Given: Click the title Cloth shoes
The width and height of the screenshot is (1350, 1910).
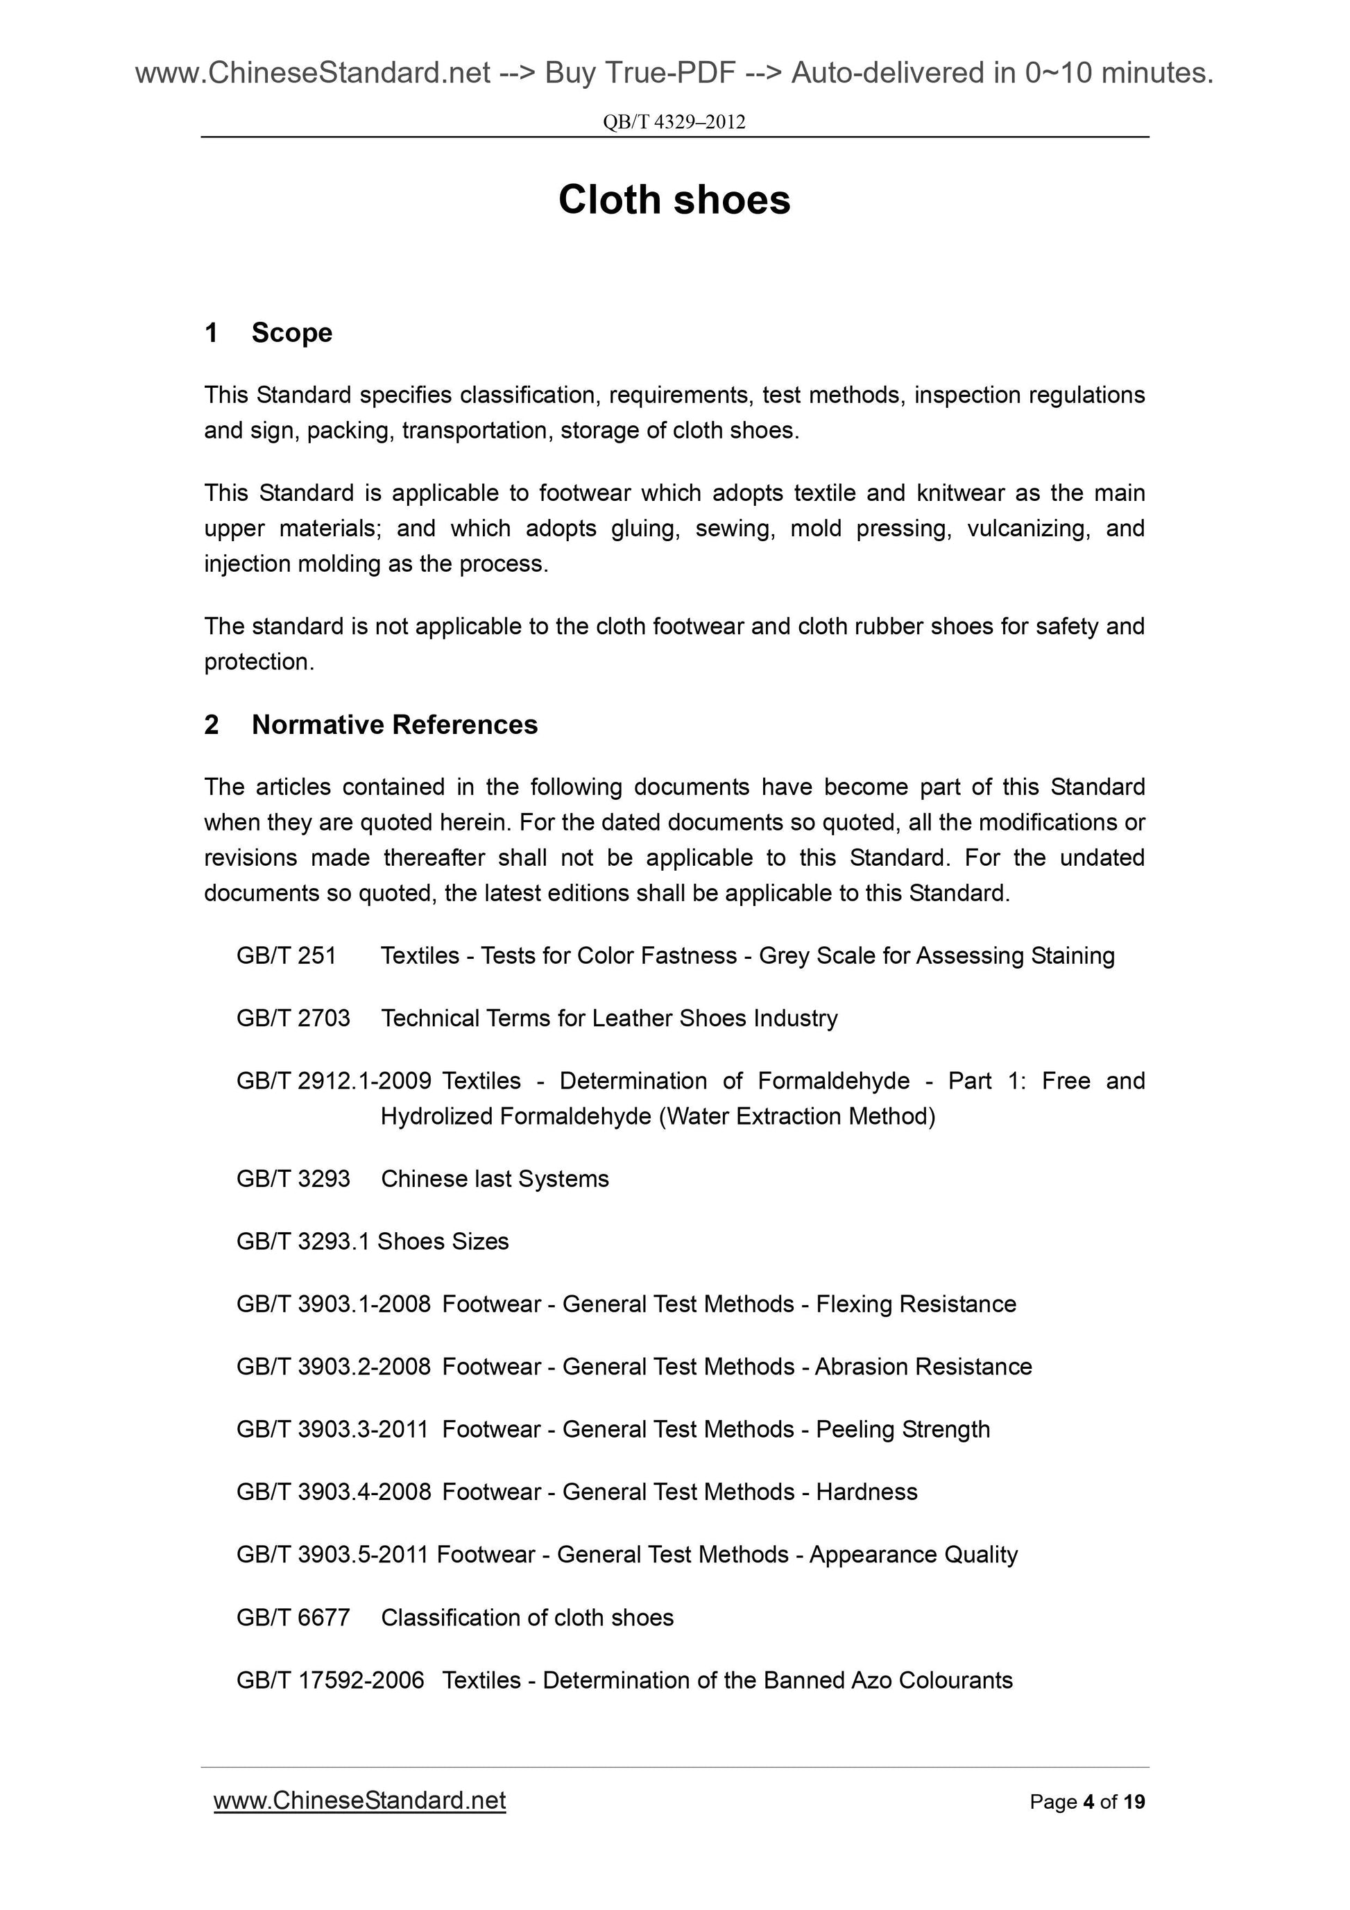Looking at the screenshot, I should (x=674, y=200).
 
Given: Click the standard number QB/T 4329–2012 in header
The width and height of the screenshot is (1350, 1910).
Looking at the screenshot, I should (x=674, y=122).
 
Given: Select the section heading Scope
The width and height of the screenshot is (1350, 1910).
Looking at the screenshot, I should (x=291, y=333).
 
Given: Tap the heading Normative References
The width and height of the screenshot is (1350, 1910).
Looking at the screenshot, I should (x=394, y=724).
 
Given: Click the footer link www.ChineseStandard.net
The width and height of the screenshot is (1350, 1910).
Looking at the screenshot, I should (x=359, y=1800).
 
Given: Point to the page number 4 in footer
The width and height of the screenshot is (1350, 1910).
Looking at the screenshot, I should (x=1087, y=1802).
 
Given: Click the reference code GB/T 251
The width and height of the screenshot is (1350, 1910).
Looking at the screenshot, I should (x=286, y=956).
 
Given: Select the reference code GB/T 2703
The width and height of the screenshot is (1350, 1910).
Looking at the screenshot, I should (x=293, y=1018).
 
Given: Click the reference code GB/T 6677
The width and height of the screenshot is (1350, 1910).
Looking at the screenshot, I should (x=293, y=1617).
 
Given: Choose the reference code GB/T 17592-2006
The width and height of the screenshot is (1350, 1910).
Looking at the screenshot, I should (x=330, y=1680).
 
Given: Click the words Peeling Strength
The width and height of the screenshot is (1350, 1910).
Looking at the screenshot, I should (x=903, y=1429).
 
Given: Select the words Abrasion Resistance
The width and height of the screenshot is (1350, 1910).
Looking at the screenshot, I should (x=923, y=1367).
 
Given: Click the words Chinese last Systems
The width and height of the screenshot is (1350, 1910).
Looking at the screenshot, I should (x=494, y=1179).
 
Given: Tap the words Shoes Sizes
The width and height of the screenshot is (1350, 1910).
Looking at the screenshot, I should (x=443, y=1241).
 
